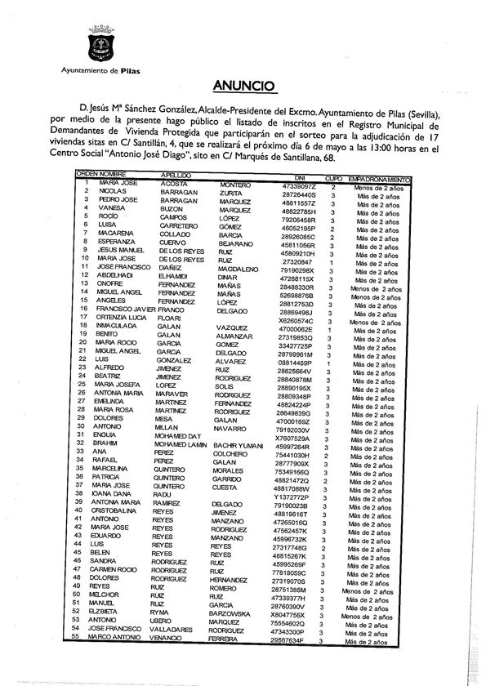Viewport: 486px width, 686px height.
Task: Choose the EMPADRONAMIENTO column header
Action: (x=376, y=177)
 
